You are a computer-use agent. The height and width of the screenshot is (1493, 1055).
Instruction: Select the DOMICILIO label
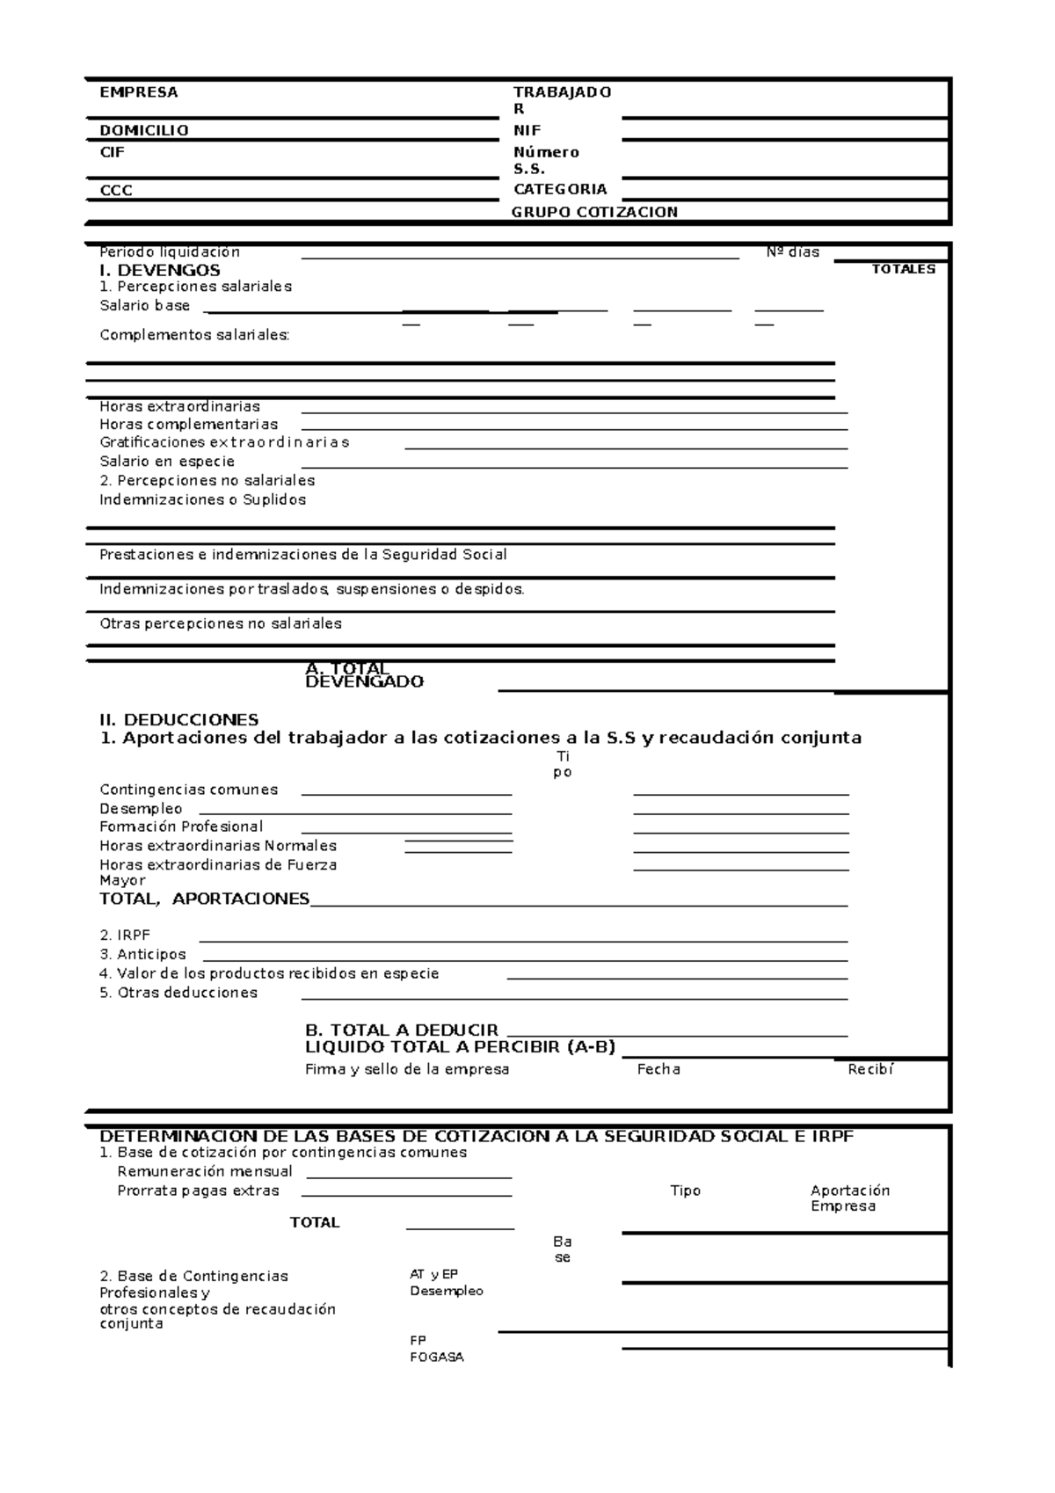coord(144,130)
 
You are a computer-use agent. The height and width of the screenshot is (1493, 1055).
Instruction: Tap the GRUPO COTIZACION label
coord(594,212)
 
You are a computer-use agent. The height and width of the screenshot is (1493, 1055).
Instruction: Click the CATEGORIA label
coord(560,189)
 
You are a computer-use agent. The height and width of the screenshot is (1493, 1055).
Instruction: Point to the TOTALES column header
coord(903,269)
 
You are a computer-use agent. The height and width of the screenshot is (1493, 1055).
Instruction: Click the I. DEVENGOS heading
coord(160,270)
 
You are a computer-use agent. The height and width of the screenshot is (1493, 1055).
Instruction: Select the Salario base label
coord(144,306)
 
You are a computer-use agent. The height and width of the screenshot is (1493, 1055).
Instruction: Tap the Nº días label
coord(792,252)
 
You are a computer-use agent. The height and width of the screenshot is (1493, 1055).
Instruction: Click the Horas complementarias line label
coord(188,425)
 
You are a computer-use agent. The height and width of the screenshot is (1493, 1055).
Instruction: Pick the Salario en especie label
coord(167,462)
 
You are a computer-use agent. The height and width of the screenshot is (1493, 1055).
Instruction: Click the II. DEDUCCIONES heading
coord(179,720)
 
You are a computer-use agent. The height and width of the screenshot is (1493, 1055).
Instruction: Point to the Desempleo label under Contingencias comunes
coord(141,809)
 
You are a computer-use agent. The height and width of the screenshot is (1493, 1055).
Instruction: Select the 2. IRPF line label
coord(125,936)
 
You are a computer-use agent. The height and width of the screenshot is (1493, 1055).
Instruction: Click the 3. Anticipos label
coord(142,955)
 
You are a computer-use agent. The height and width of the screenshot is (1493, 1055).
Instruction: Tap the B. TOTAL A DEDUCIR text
coord(401,1030)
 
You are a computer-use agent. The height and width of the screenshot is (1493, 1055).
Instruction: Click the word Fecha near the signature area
coord(658,1069)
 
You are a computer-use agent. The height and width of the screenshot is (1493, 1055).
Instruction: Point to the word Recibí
coord(870,1069)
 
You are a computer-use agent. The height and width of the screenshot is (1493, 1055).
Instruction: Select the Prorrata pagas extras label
coord(198,1191)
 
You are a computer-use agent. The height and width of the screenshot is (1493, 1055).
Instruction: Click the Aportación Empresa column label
coord(849,1198)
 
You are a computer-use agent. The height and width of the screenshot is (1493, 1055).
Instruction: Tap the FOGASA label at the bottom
coord(436,1357)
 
